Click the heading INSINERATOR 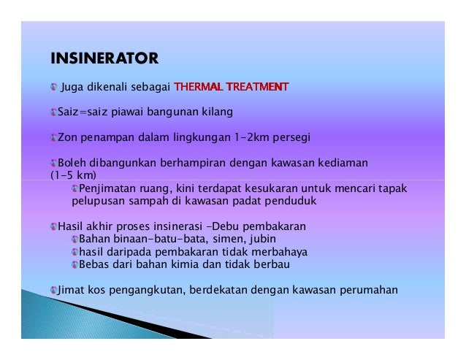tap(104, 57)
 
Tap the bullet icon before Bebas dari tap(74, 264)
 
